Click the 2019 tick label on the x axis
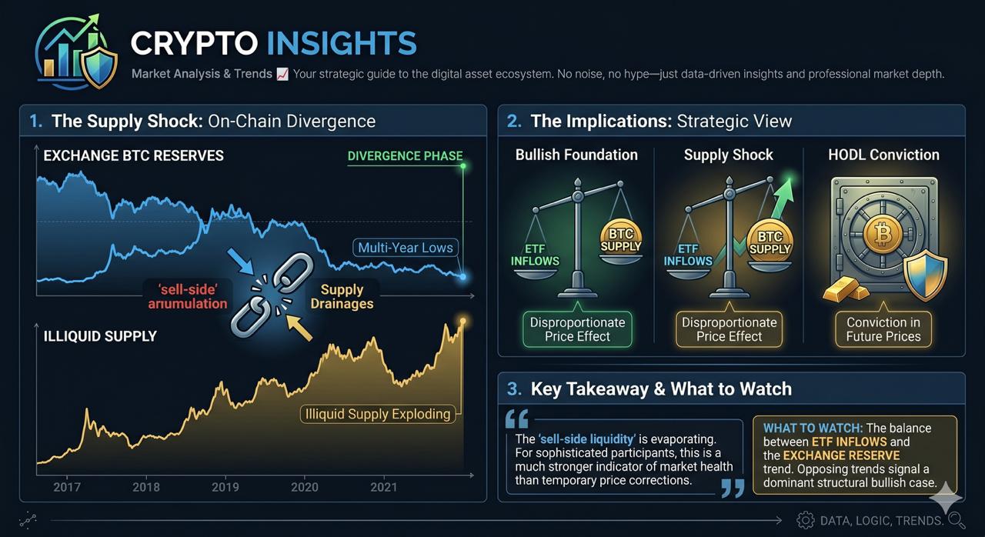(225, 487)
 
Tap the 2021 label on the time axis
(383, 487)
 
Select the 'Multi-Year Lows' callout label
(406, 248)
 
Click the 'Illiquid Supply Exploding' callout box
(378, 414)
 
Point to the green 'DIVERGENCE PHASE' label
(405, 156)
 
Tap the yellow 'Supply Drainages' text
(342, 297)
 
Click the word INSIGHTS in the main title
(342, 43)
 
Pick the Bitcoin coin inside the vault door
(882, 234)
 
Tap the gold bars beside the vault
(846, 290)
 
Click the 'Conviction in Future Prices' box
(883, 329)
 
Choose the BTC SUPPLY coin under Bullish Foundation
(620, 239)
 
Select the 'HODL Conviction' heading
(884, 155)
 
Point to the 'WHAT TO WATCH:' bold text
(813, 428)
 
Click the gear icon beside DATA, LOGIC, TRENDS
(806, 520)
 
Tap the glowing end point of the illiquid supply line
(462, 322)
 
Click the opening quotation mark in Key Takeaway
(517, 419)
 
